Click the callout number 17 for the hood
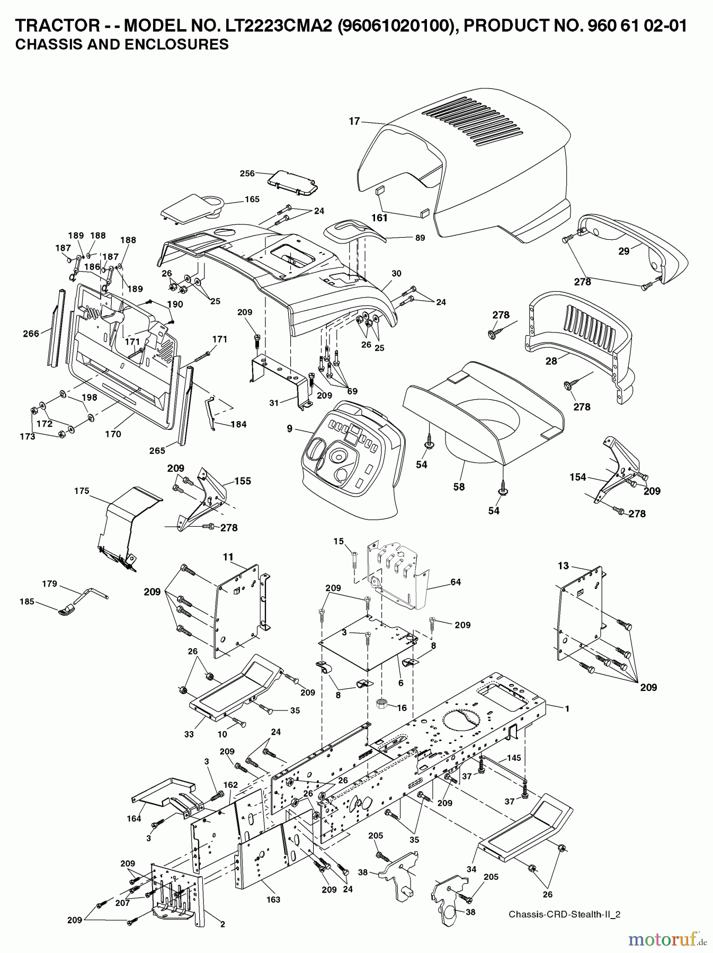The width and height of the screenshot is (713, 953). (x=354, y=121)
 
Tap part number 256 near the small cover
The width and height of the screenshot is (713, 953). (x=247, y=173)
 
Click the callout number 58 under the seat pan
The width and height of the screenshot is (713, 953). (x=459, y=487)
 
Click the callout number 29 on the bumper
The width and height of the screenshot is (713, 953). (x=624, y=251)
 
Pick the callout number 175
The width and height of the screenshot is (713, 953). (x=82, y=491)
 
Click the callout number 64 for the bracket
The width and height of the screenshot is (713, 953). (x=455, y=582)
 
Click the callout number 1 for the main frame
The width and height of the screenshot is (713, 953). (x=567, y=708)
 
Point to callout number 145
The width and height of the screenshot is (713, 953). (x=513, y=758)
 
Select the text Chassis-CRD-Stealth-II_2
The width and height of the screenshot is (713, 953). (x=564, y=914)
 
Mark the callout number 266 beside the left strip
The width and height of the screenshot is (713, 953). (x=31, y=334)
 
